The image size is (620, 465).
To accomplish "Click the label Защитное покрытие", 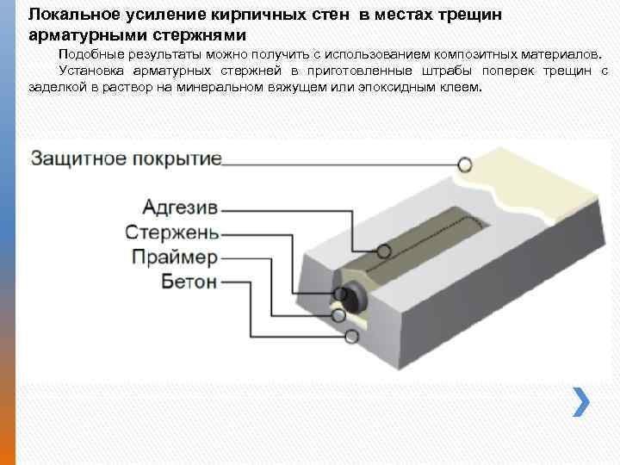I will pyautogui.click(x=127, y=159).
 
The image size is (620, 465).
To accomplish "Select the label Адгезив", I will pyautogui.click(x=180, y=208).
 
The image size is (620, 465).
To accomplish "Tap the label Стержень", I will pyautogui.click(x=172, y=232).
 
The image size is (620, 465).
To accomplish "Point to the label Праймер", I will pyautogui.click(x=176, y=257).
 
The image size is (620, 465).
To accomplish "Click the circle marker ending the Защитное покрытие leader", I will pyautogui.click(x=465, y=164).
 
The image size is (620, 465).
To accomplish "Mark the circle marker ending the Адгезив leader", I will pyautogui.click(x=384, y=251).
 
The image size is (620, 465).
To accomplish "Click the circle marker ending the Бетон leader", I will pyautogui.click(x=351, y=337).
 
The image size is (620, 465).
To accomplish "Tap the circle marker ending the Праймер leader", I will pyautogui.click(x=350, y=316).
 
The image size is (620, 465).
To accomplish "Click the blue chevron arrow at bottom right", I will pyautogui.click(x=583, y=400).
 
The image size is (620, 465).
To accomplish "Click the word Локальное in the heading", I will pyautogui.click(x=70, y=15).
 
